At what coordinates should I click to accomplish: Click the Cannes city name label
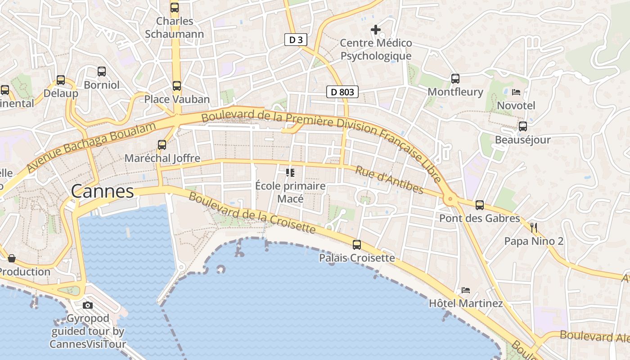tap(103, 191)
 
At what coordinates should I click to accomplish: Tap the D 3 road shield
tap(296, 40)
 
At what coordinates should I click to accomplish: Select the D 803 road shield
tap(342, 92)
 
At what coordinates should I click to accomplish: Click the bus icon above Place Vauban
tap(177, 85)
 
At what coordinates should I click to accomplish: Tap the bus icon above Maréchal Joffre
tap(162, 145)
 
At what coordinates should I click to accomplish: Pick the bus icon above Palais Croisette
tap(357, 245)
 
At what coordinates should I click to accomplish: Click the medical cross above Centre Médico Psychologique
tap(376, 30)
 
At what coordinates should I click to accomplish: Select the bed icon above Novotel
tap(516, 92)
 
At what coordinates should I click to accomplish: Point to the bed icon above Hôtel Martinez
tap(466, 290)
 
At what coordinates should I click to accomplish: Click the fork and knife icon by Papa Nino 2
tap(534, 228)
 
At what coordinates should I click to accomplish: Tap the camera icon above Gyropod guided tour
tap(88, 306)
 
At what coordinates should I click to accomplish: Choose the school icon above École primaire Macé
tap(290, 172)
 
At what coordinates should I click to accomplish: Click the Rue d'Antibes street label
tap(389, 180)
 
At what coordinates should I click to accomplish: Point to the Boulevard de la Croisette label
tap(252, 213)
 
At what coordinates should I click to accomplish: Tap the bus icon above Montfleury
tap(455, 79)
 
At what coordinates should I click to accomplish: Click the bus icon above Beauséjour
tap(522, 126)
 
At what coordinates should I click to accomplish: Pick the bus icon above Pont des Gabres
tap(480, 205)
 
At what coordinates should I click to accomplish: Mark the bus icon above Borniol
tap(102, 71)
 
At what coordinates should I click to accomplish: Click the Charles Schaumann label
tap(175, 27)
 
